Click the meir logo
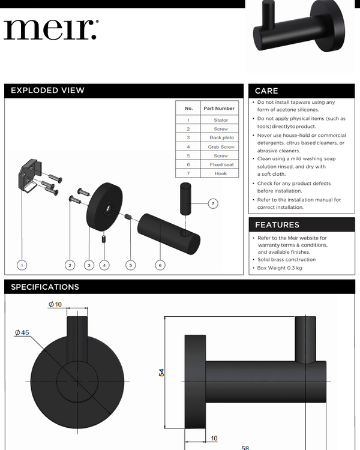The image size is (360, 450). pos(51,29)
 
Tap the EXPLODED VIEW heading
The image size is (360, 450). pos(47,91)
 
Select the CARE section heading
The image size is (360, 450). pos(266,91)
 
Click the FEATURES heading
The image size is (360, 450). pos(277,225)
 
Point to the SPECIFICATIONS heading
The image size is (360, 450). pos(45,287)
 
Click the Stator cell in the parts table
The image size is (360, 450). pos(221,120)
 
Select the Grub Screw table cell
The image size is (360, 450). pos(221,147)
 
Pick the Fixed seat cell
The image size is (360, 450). pos(221,165)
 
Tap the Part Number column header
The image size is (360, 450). pos(219,108)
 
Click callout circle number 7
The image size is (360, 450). pos(213,204)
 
